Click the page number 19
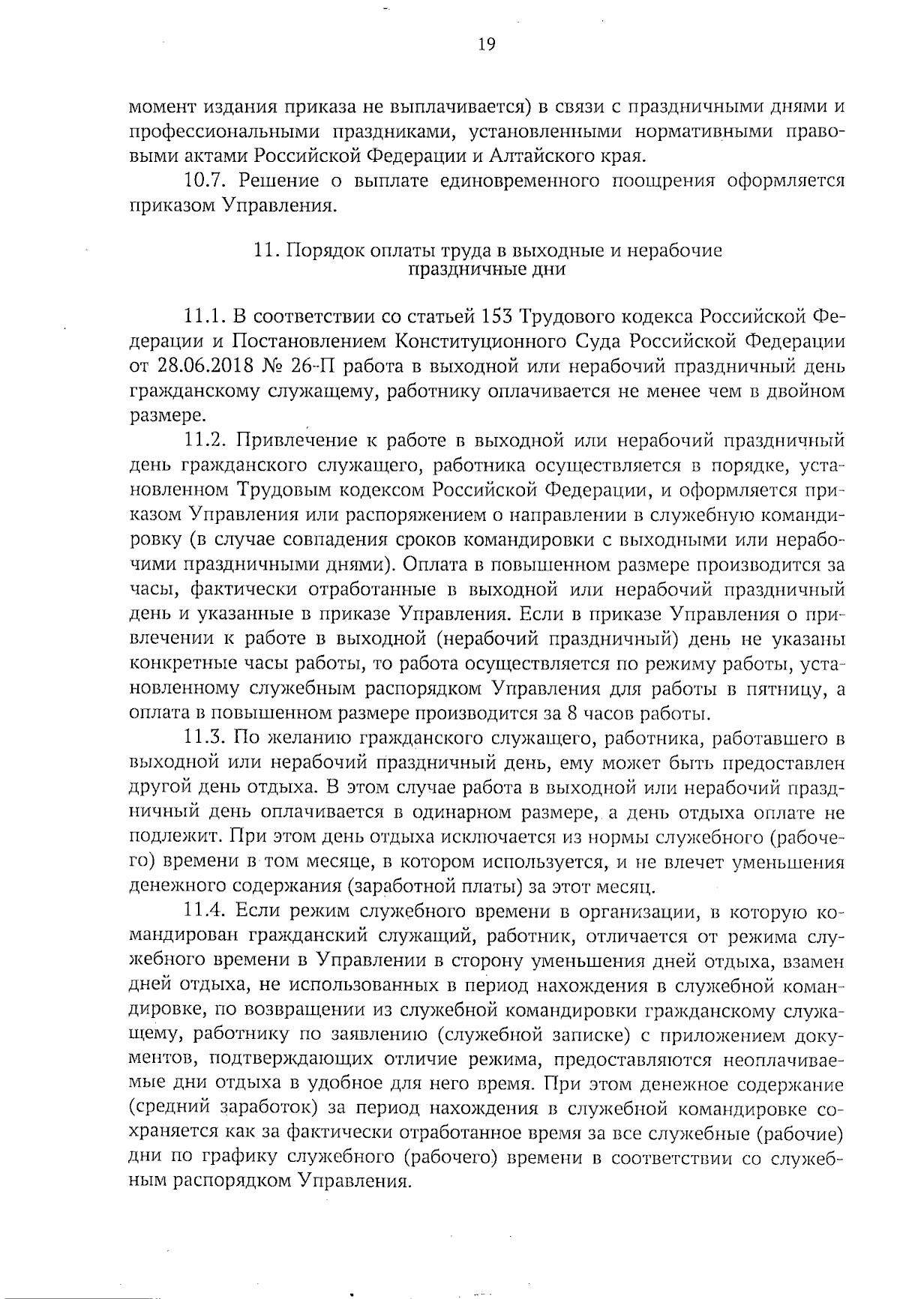(486, 45)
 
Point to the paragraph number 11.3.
(204, 738)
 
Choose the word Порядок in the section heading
(324, 251)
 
